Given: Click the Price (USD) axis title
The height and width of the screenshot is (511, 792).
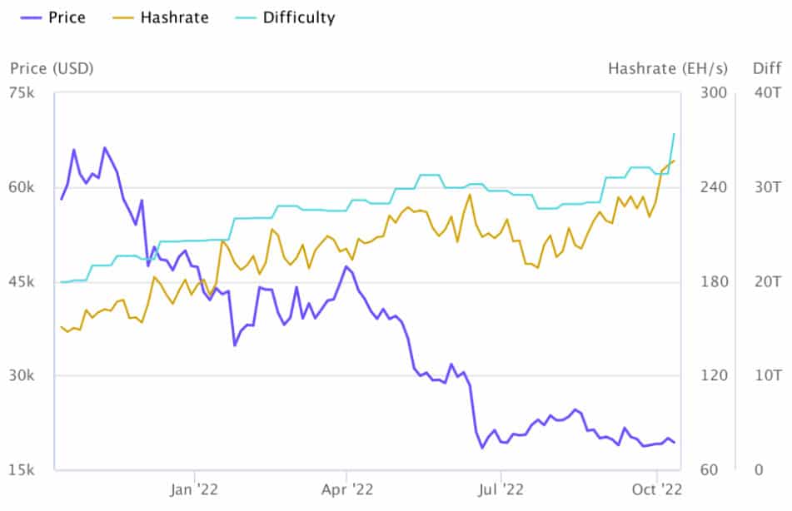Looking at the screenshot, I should pyautogui.click(x=52, y=67).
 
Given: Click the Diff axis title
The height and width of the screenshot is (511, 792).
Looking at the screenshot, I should pyautogui.click(x=767, y=67).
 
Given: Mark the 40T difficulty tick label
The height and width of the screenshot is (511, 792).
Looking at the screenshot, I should pyautogui.click(x=766, y=92).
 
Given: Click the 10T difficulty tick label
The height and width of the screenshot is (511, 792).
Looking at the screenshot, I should pyautogui.click(x=766, y=375).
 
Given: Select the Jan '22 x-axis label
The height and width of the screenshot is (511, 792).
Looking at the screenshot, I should pyautogui.click(x=193, y=490).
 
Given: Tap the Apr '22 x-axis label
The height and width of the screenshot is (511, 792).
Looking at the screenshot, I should pyautogui.click(x=346, y=490).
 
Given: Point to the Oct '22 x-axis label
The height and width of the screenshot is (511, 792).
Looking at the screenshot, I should pyautogui.click(x=657, y=490).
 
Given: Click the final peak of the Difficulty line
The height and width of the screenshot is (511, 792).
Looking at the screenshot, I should pyautogui.click(x=674, y=133).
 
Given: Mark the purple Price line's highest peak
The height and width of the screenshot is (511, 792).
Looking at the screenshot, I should pyautogui.click(x=105, y=148).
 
